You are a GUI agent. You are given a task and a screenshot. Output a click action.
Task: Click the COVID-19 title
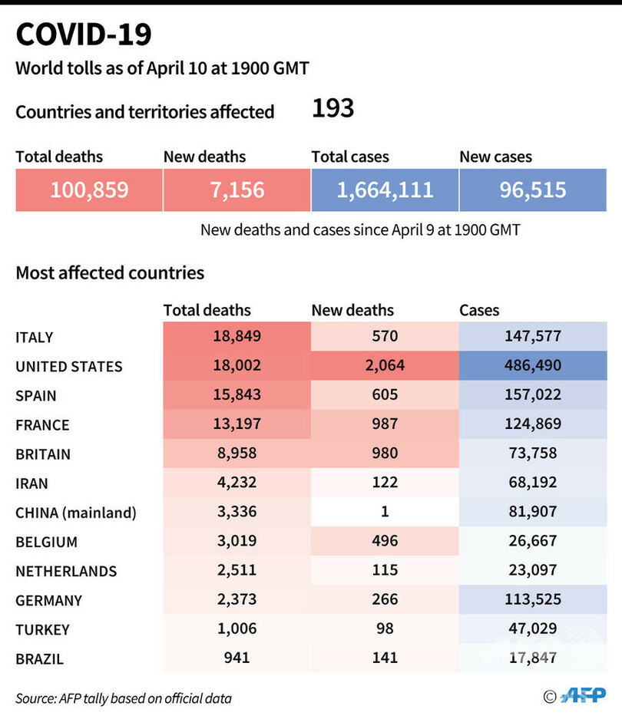click(x=84, y=35)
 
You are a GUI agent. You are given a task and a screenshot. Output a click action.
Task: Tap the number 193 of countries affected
click(x=333, y=108)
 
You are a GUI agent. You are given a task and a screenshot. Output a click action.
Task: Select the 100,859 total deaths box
click(x=89, y=190)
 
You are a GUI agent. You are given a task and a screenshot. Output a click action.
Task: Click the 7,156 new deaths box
click(x=237, y=190)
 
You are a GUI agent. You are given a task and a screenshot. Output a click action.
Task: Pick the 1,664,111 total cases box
click(x=385, y=190)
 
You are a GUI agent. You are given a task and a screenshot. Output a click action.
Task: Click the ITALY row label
click(x=35, y=338)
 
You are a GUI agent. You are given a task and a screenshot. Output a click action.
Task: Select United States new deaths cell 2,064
click(x=384, y=366)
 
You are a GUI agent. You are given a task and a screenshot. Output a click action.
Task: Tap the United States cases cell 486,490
click(x=532, y=366)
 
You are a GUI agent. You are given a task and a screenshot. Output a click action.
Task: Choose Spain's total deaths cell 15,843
click(x=237, y=395)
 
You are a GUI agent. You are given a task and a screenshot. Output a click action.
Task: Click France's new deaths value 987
click(x=384, y=424)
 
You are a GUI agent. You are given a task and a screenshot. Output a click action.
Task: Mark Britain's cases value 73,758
click(x=532, y=453)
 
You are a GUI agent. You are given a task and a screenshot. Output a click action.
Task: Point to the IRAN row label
click(x=32, y=483)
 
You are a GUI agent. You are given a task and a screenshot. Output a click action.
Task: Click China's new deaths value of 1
click(x=384, y=512)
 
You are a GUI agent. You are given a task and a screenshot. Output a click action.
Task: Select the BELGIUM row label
click(x=46, y=542)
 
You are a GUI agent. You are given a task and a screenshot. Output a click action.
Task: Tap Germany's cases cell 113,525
click(x=532, y=599)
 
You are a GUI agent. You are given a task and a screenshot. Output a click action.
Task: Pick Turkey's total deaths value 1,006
click(x=237, y=628)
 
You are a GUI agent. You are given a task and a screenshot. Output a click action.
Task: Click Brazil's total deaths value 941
click(x=237, y=657)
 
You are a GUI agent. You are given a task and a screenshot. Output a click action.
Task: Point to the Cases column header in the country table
click(x=479, y=310)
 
